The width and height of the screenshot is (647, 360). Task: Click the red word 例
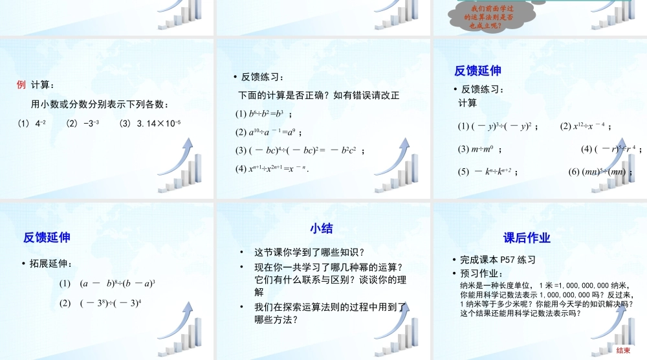pyautogui.click(x=21, y=85)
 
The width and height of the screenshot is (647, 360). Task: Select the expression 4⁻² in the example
pyautogui.click(x=40, y=123)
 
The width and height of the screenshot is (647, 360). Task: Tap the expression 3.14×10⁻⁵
pyautogui.click(x=150, y=123)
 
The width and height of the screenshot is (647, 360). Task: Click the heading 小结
pyautogui.click(x=321, y=228)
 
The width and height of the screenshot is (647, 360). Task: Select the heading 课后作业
pyautogui.click(x=527, y=238)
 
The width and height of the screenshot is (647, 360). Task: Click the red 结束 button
pyautogui.click(x=623, y=350)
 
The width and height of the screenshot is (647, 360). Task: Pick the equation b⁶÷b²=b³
pyautogui.click(x=262, y=114)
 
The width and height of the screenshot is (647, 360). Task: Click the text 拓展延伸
pyautogui.click(x=51, y=264)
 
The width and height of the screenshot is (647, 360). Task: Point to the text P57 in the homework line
pyautogui.click(x=510, y=260)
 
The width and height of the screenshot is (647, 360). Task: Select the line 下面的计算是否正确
pyautogui.click(x=319, y=95)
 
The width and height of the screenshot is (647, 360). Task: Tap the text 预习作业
pyautogui.click(x=482, y=273)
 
